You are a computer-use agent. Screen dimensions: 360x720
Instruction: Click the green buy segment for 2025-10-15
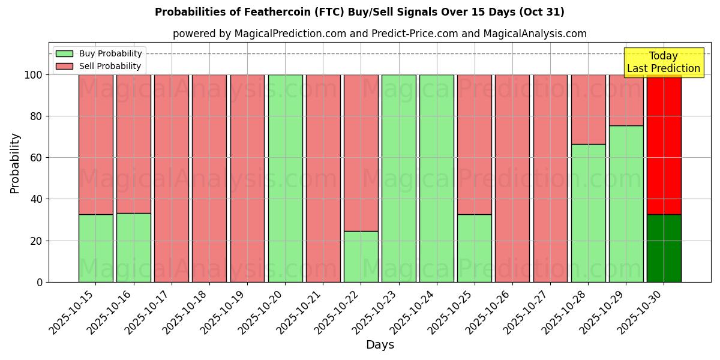pos(95,248)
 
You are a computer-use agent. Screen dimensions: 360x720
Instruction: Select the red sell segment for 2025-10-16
pos(133,144)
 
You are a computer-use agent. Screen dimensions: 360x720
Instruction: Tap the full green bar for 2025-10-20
pos(285,178)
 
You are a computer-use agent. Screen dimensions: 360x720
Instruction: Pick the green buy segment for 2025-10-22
pos(361,256)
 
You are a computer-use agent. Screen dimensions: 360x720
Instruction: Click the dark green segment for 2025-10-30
pos(664,248)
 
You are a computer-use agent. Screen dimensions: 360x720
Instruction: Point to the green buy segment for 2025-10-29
pos(626,203)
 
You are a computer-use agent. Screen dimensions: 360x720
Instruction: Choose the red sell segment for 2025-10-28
pos(588,109)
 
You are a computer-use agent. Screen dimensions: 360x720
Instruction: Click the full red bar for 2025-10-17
pos(171,178)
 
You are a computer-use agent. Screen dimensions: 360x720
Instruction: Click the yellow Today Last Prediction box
pos(663,62)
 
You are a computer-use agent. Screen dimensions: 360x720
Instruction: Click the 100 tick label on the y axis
pos(34,75)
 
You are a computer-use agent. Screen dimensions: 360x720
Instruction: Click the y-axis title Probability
pos(15,163)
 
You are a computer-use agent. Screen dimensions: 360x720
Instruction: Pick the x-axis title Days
pos(380,345)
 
